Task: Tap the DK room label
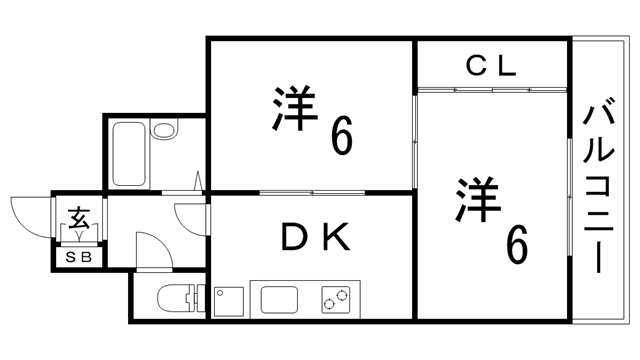click(313, 238)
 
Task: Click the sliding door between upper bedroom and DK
click(312, 192)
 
